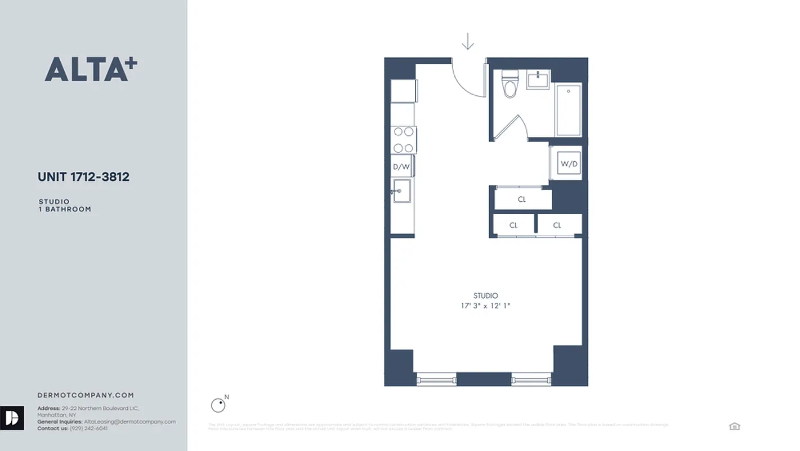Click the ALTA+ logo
pos(91,69)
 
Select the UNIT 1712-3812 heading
pos(83,177)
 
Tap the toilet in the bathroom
pos(510,85)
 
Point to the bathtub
pos(568,109)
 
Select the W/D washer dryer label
pos(568,164)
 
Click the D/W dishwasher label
pos(401,166)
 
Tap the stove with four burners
pos(403,140)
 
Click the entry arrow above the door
pos(467,42)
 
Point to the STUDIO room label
pos(485,295)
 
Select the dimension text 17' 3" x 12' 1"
pos(485,306)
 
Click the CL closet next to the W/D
pos(522,199)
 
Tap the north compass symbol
pos(218,405)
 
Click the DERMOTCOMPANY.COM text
pos(86,395)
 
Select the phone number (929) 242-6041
pos(88,428)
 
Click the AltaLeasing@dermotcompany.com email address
pos(129,422)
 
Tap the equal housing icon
pos(734,426)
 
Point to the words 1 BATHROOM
pos(65,209)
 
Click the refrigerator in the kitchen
pos(404,91)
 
